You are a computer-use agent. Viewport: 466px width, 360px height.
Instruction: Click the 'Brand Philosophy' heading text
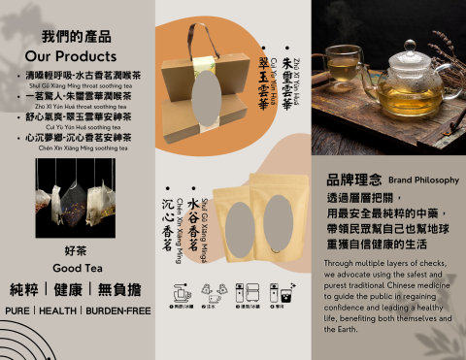pyautogui.click(x=423, y=180)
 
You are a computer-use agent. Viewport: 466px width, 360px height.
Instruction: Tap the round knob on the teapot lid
pyautogui.click(x=410, y=46)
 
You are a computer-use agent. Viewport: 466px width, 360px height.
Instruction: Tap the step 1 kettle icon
pyautogui.click(x=181, y=292)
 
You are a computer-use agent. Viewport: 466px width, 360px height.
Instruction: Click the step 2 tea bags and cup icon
pyautogui.click(x=214, y=292)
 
